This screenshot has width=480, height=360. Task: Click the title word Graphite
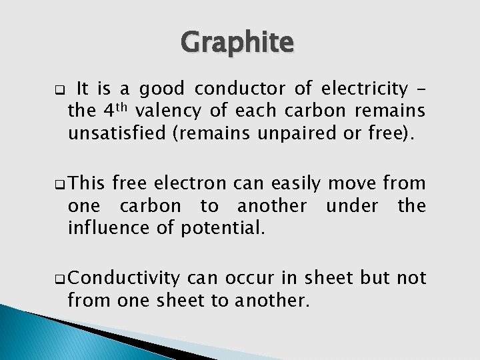pos(237,43)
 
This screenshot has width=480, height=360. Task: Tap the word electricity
pos(365,89)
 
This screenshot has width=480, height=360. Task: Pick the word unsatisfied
pos(117,133)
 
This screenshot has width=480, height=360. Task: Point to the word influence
pos(110,229)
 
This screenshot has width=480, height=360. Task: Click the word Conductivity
pos(123,278)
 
